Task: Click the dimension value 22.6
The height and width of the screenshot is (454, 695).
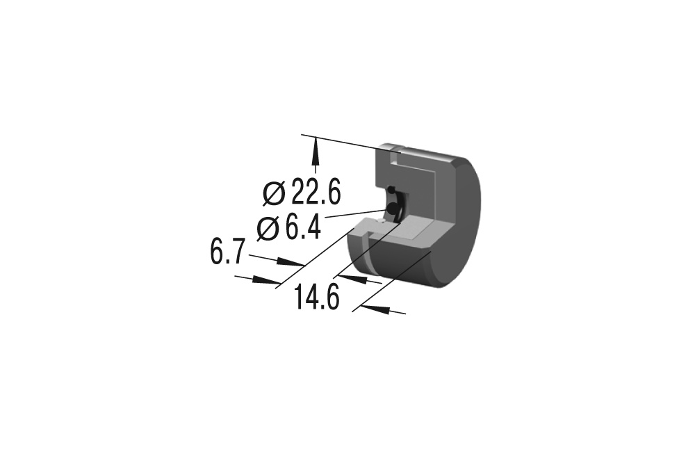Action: click(316, 193)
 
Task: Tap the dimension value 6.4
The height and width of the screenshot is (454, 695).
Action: click(303, 228)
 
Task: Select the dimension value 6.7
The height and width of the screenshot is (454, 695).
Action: click(227, 252)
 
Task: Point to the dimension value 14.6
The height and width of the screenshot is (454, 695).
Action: click(317, 297)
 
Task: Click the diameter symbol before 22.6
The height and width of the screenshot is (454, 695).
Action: click(273, 193)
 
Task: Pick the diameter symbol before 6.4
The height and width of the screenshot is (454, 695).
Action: click(268, 229)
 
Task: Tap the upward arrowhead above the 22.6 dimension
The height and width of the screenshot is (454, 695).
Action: click(316, 151)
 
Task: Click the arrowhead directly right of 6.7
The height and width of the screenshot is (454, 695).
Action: click(290, 261)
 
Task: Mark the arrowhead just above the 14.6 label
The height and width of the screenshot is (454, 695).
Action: click(353, 279)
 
